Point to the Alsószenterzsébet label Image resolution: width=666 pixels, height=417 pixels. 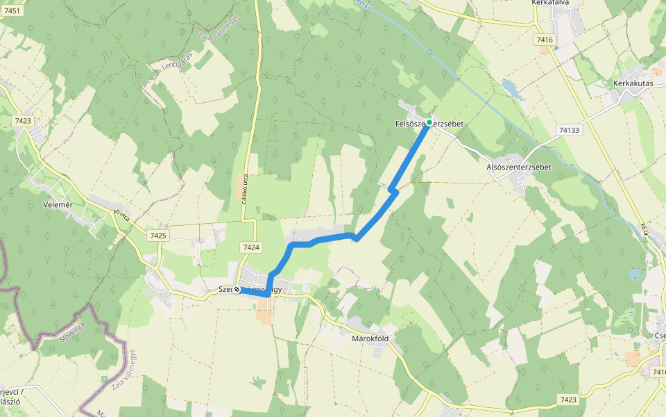point(519,167)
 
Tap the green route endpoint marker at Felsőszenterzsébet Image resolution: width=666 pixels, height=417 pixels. point(429,122)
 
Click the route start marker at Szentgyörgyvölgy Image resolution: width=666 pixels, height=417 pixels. point(237,289)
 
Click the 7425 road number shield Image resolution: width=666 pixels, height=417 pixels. point(157,236)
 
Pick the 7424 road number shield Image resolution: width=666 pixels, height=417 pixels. point(251,247)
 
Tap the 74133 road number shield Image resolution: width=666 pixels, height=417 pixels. point(568,130)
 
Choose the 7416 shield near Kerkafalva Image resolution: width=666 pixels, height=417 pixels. point(545,40)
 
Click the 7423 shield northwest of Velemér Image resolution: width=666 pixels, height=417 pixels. point(23,120)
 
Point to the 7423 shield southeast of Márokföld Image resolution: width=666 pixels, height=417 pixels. point(567,400)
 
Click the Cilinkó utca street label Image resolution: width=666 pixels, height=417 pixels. point(244,188)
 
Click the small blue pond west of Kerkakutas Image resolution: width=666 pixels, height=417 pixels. point(509,88)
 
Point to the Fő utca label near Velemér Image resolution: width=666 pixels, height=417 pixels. point(122,216)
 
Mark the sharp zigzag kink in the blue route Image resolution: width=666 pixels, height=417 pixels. point(393,189)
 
